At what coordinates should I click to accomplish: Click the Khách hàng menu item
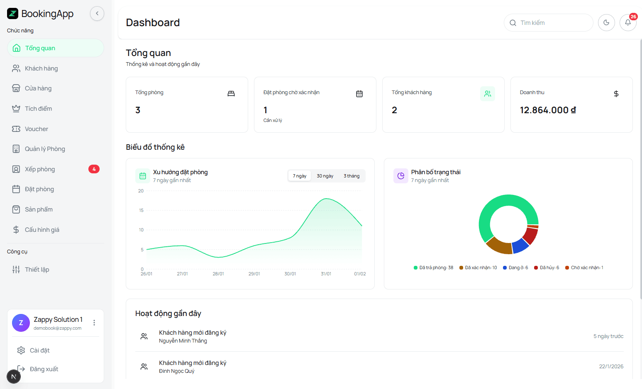[41, 68]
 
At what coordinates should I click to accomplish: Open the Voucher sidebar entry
[36, 129]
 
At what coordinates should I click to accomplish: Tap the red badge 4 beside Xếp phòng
[94, 169]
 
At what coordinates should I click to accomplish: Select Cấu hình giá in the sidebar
[41, 230]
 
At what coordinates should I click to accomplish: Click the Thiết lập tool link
[37, 270]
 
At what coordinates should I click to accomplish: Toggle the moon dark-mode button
[606, 23]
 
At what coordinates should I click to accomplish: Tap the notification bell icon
[627, 23]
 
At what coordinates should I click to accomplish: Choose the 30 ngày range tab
[325, 176]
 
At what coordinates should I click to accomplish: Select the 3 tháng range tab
[352, 176]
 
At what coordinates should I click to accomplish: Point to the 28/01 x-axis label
[218, 274]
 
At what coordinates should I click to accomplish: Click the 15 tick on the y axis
[141, 210]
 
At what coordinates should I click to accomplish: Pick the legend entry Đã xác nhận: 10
[478, 267]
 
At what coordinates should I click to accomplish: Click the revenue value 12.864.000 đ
[547, 110]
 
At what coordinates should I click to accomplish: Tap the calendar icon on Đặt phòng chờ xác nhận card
[359, 94]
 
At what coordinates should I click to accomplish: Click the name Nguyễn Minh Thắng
[183, 341]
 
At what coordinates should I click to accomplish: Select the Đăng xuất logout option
[44, 369]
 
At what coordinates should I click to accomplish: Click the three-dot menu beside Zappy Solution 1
[94, 323]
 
